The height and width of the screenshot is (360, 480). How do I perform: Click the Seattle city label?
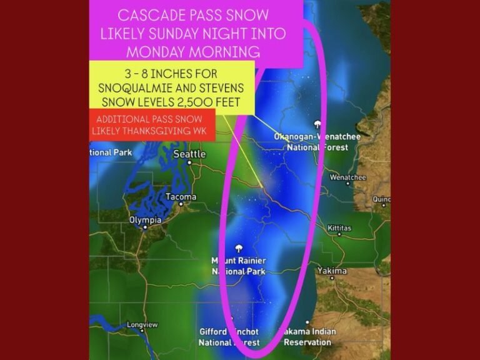[189, 154]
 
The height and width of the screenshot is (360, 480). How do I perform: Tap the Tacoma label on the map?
[181, 197]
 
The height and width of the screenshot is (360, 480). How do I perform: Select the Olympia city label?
[145, 220]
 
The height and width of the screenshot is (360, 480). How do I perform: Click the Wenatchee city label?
[347, 177]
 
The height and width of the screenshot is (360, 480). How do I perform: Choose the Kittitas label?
[339, 228]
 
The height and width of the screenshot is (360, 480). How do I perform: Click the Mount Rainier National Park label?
[239, 266]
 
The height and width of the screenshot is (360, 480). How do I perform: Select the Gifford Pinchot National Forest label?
[229, 337]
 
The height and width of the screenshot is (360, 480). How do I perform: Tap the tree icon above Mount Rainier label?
[239, 248]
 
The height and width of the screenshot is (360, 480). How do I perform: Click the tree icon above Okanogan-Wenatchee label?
[318, 124]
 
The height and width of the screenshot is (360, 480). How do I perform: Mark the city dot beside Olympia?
[145, 227]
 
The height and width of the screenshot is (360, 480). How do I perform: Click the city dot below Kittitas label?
[339, 235]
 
